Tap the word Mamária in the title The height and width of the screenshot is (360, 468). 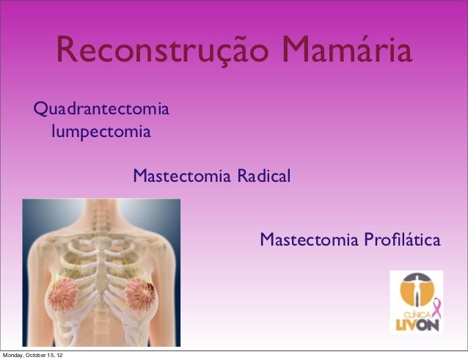(x=346, y=52)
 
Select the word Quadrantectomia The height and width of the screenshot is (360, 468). (x=103, y=111)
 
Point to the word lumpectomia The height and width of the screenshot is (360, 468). (x=101, y=133)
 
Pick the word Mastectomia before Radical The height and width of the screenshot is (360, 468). (x=183, y=177)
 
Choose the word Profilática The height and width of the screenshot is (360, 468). (x=401, y=240)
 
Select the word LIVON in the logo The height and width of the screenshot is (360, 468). (x=419, y=323)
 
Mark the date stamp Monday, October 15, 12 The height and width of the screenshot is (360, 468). (x=32, y=356)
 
